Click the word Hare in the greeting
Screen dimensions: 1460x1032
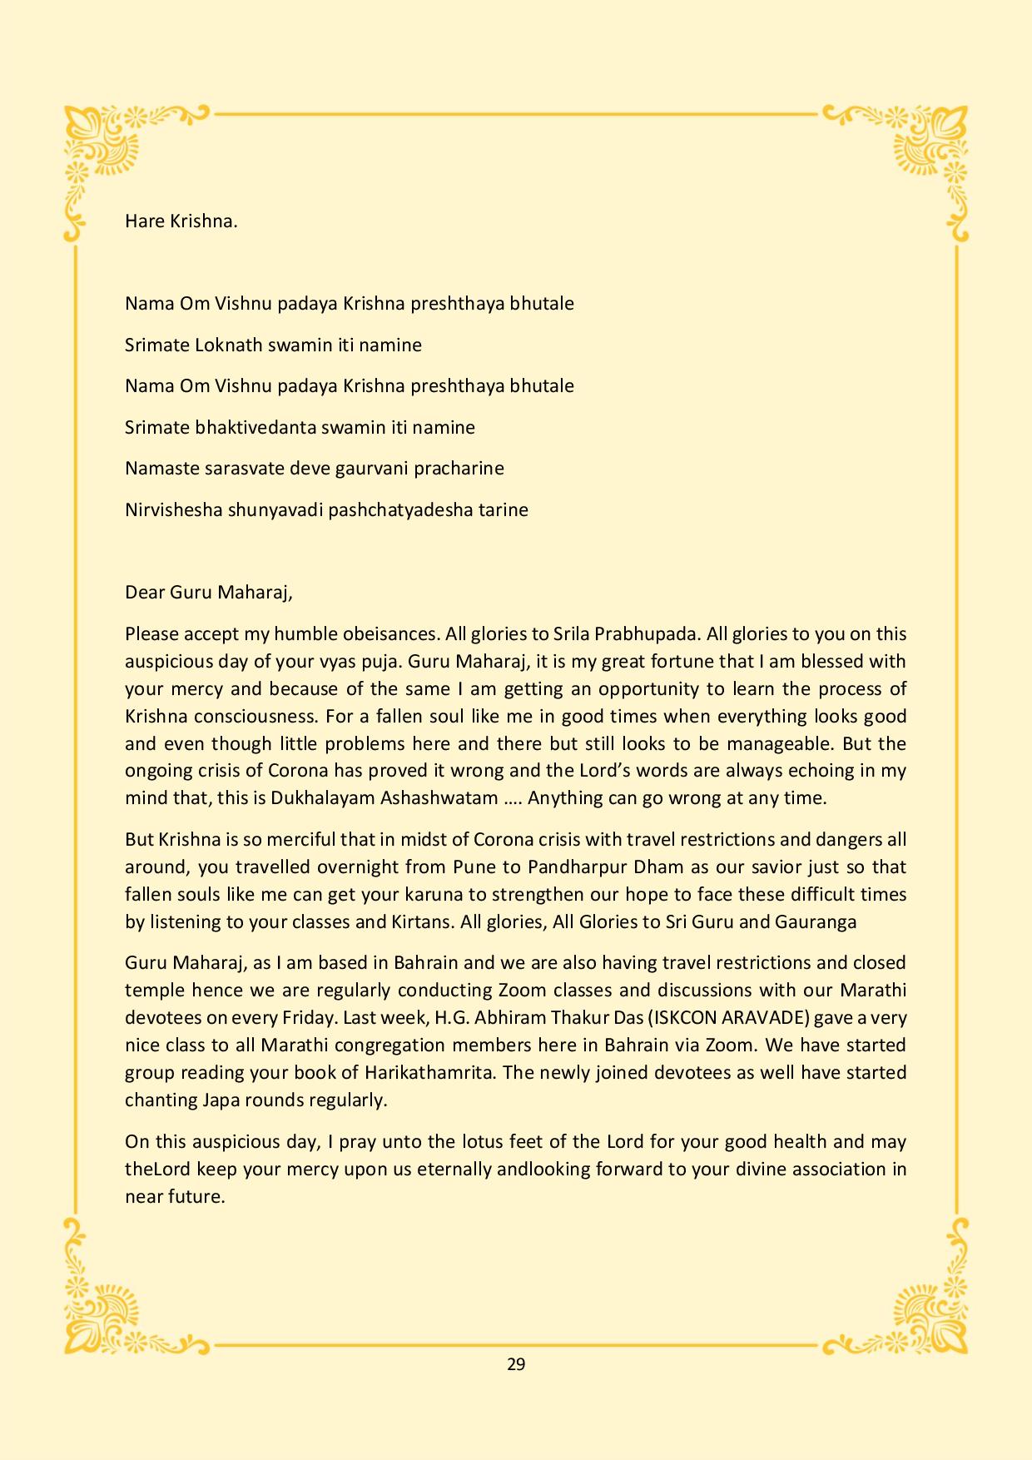coord(142,221)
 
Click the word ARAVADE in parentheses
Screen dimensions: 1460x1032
coord(760,1017)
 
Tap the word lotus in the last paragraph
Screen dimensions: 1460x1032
coord(495,1141)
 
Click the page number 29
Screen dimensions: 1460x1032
coord(515,1363)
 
